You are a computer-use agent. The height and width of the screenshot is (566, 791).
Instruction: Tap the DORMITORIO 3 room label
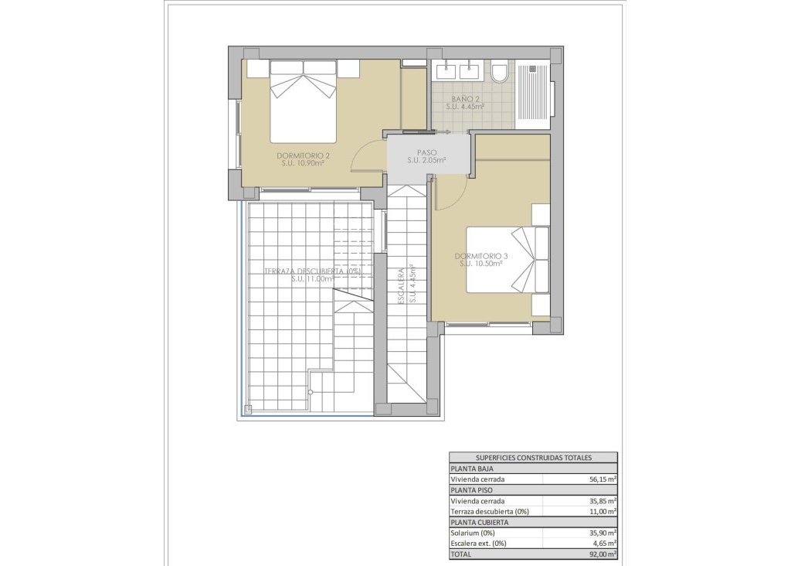(480, 256)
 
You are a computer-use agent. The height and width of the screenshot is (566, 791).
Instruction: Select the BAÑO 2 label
(466, 99)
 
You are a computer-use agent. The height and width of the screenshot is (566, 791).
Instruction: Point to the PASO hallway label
(427, 152)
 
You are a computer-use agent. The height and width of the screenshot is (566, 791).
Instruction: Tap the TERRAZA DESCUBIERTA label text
(312, 271)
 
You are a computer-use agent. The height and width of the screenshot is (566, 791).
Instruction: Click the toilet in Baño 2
(499, 72)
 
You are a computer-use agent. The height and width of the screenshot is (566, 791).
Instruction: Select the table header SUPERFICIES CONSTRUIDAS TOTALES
(533, 457)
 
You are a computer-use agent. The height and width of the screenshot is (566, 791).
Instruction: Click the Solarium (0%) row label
(472, 533)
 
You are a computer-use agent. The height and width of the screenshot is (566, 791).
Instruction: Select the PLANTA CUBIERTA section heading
(480, 522)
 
